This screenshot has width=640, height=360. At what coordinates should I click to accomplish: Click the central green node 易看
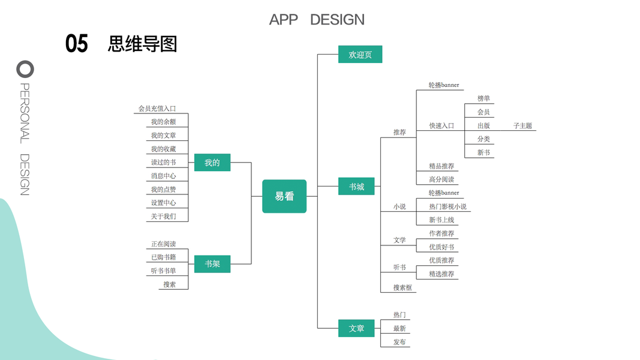click(x=284, y=196)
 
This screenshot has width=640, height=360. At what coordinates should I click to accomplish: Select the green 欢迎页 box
click(x=360, y=55)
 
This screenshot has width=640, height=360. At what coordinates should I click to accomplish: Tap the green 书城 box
click(x=356, y=187)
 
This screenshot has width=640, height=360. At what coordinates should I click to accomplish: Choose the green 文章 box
click(x=356, y=328)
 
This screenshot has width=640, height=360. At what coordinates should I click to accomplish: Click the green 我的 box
click(x=212, y=163)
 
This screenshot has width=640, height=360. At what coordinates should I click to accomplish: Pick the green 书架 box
click(x=212, y=263)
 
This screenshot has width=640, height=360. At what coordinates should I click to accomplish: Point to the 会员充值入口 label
click(x=157, y=109)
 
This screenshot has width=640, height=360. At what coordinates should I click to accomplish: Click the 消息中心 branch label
click(x=163, y=176)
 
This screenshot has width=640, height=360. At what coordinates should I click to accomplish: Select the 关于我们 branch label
click(x=163, y=216)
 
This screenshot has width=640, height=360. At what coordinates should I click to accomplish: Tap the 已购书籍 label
click(x=163, y=257)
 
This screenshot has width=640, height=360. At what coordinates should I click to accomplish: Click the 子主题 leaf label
click(x=522, y=126)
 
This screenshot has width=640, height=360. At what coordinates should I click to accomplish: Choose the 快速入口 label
click(x=441, y=126)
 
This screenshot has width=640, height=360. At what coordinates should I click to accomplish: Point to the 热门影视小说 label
click(x=447, y=206)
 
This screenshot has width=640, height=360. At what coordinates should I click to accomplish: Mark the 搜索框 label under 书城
click(x=402, y=287)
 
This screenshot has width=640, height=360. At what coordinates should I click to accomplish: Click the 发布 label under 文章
click(x=399, y=342)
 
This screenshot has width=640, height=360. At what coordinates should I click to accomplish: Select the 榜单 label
click(x=483, y=98)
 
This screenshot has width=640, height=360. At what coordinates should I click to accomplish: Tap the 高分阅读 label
click(x=441, y=179)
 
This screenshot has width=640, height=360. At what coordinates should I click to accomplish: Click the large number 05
click(x=77, y=44)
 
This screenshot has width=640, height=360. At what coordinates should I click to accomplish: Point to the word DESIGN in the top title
click(x=337, y=19)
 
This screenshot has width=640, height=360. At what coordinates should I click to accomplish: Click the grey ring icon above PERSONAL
click(x=25, y=69)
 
